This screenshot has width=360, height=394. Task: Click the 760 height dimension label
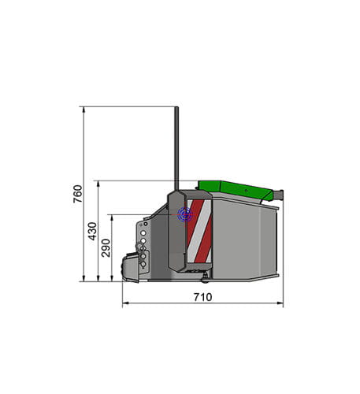pyautogui.click(x=77, y=194)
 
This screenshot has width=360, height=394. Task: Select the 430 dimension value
pyautogui.click(x=92, y=231)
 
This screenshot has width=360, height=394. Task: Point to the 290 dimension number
pyautogui.click(x=106, y=249)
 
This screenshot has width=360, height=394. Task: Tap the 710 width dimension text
pyautogui.click(x=202, y=298)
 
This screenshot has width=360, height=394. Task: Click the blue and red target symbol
pyautogui.click(x=185, y=214)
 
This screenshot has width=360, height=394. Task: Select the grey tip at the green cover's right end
pyautogui.click(x=277, y=193)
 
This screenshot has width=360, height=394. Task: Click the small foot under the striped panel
pyautogui.click(x=206, y=275)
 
